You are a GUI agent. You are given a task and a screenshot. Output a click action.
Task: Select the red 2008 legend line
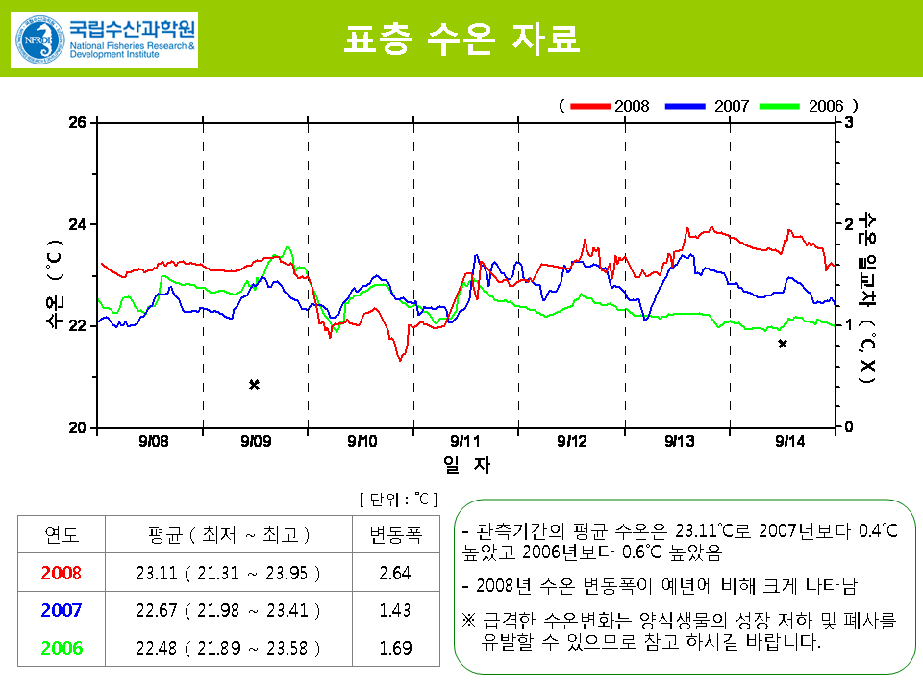coord(590,105)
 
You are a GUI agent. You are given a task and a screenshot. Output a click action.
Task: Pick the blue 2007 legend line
coord(685,105)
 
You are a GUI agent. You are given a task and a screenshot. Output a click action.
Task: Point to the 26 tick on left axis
coord(78,122)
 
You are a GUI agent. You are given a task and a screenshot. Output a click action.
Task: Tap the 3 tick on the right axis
coord(848,122)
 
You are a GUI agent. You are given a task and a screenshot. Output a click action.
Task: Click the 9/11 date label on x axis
coord(465,441)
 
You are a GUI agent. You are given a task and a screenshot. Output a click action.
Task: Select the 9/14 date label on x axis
coord(789,441)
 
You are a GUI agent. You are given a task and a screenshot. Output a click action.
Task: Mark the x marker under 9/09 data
coord(255,385)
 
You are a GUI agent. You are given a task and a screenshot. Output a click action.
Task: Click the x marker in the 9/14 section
coord(783,344)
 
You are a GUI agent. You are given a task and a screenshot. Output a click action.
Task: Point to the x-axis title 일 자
coord(466,465)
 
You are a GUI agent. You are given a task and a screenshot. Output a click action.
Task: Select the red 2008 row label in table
coord(62,574)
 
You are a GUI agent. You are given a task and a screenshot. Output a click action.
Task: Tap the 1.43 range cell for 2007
coord(395,610)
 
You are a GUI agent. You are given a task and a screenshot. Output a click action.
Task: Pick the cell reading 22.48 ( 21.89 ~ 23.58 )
coord(229,648)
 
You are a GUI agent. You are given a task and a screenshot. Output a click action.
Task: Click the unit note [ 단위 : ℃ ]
coord(398,499)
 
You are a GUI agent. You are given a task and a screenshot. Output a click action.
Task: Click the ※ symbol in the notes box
coord(469,621)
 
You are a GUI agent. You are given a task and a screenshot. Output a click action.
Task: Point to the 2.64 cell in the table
coord(395,574)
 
